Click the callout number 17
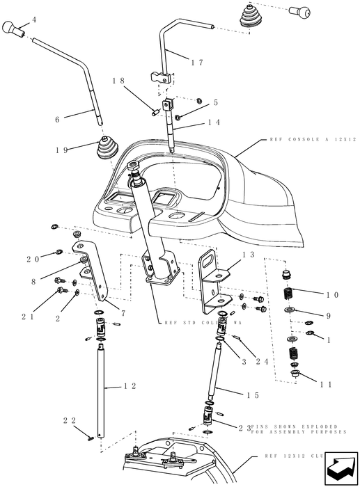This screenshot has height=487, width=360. pyautogui.click(x=196, y=62)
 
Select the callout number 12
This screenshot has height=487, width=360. pyautogui.click(x=130, y=385)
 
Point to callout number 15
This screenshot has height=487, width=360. pyautogui.click(x=252, y=394)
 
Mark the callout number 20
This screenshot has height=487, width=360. pyautogui.click(x=33, y=259)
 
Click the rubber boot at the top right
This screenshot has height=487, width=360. pyautogui.click(x=253, y=17)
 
